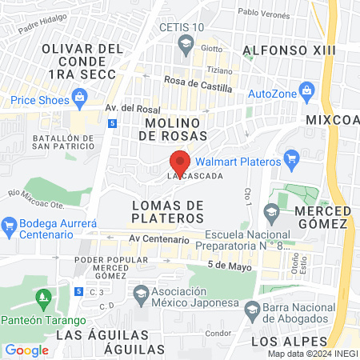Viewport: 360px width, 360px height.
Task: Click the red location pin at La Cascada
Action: point(181,161)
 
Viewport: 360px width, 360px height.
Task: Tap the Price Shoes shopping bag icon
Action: point(79,98)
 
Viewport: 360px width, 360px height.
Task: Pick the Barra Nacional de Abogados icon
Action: point(252,309)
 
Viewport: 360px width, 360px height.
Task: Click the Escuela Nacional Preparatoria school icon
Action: point(270,212)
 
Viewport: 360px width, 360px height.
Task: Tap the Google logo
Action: point(27,350)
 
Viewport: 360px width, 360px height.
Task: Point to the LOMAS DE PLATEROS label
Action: point(166,211)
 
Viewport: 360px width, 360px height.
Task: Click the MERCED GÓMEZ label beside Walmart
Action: point(323,216)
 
